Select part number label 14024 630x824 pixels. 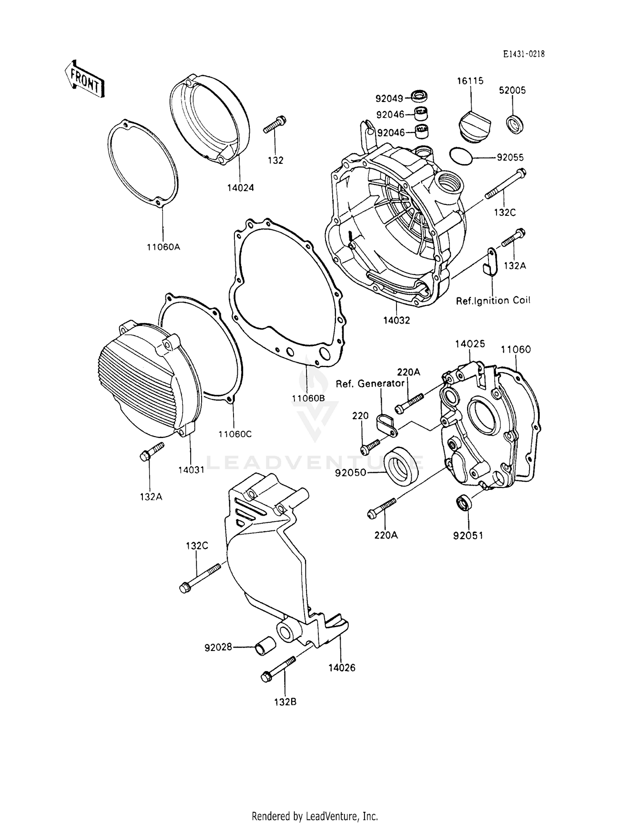241,188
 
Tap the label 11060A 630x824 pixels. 163,247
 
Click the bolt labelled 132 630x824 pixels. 274,125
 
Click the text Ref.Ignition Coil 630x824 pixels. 493,300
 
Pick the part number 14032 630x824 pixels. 396,320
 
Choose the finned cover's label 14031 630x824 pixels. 191,470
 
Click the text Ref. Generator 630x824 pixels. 370,383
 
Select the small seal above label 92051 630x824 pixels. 464,503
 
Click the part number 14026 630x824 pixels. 341,667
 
